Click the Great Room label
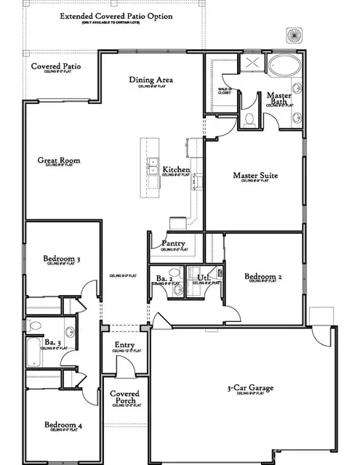point(60,161)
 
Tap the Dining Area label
point(155,80)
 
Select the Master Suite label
point(256,175)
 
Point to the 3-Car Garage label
point(249,389)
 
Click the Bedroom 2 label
point(263,277)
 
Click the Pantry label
point(173,243)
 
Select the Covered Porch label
point(124,398)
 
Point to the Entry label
point(124,345)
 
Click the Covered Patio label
point(55,67)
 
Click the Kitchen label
point(176,170)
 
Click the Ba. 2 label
point(164,278)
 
